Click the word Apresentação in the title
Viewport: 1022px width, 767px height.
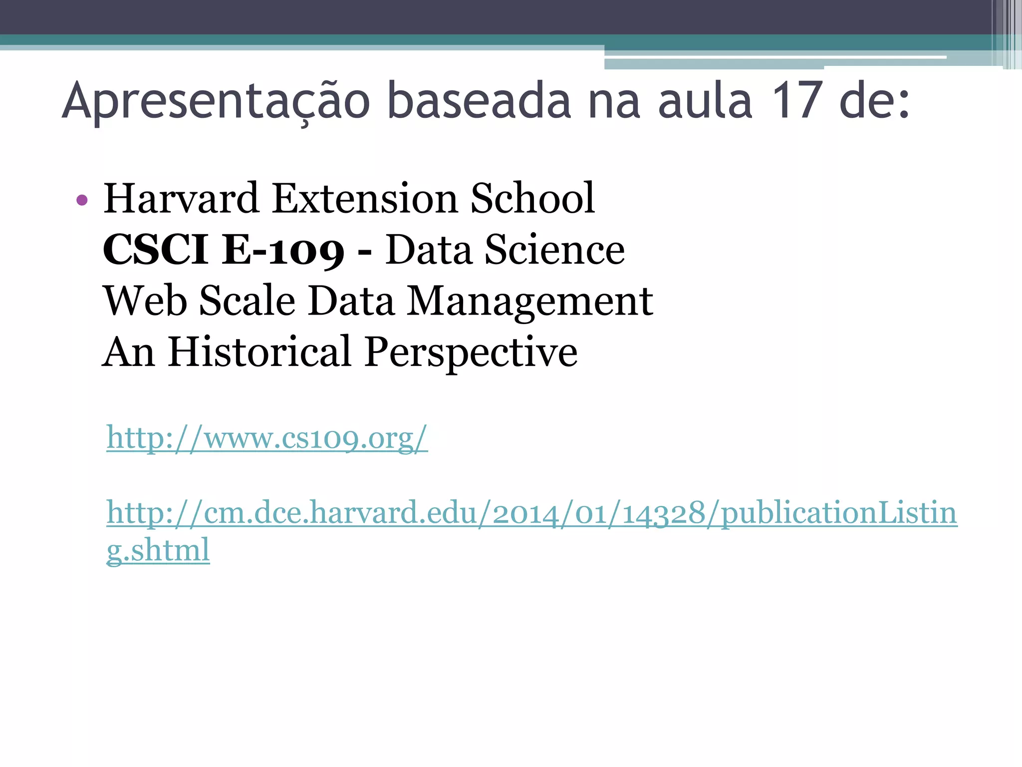point(216,101)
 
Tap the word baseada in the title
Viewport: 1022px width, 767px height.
point(478,101)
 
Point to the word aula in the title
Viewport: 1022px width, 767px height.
point(705,101)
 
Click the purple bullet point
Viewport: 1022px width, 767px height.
point(82,201)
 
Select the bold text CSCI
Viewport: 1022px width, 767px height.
point(155,250)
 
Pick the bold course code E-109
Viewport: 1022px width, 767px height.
point(283,250)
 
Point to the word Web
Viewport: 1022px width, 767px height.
point(145,301)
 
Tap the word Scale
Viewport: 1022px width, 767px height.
point(248,301)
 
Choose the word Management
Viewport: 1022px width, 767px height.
point(530,301)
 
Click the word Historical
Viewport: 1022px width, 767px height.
point(259,352)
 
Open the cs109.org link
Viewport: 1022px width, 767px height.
point(267,438)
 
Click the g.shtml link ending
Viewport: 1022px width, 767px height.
point(158,550)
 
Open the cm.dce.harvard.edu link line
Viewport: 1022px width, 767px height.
point(532,513)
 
